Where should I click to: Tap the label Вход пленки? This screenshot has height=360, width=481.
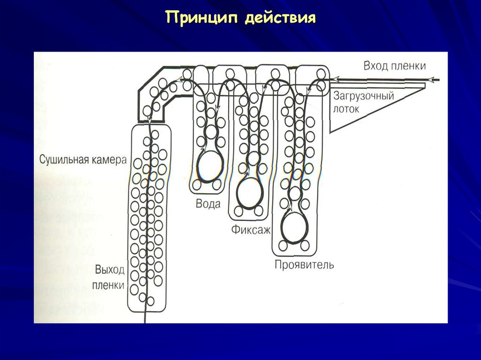395,66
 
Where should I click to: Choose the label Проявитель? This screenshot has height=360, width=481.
304,265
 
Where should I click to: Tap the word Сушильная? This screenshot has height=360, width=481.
64,159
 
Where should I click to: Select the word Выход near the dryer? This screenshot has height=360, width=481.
109,270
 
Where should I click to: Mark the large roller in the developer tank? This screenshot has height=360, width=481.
295,227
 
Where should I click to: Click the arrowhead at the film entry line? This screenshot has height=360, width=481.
436,80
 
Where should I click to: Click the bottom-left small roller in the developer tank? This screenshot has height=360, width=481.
283,245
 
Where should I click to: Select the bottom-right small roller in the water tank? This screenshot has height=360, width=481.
217,184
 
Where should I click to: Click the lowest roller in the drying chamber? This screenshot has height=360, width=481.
150,300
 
